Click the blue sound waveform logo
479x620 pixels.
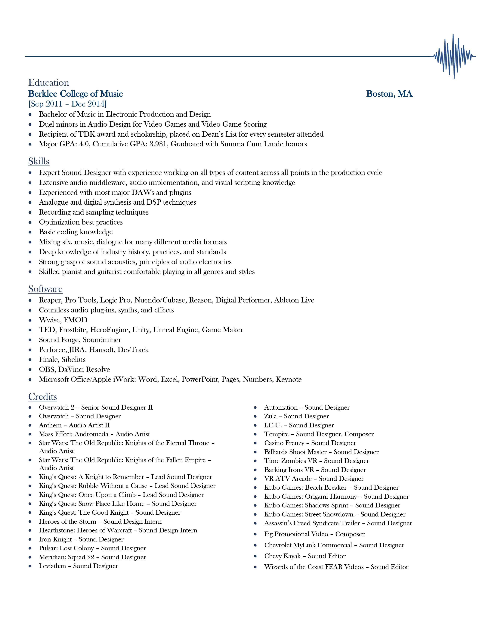click(454, 56)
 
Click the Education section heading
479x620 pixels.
click(48, 83)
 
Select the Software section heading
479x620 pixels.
click(45, 289)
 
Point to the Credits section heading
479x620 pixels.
click(43, 397)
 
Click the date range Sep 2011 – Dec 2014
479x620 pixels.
click(68, 104)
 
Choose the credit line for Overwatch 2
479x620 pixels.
click(96, 407)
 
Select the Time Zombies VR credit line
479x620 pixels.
click(316, 461)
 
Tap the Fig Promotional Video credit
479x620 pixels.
click(314, 534)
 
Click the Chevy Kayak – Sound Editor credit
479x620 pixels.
click(305, 556)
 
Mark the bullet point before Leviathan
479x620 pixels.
click(30, 566)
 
